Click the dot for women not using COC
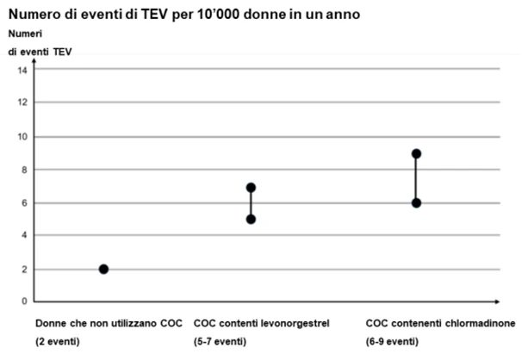103,269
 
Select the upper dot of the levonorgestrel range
251,188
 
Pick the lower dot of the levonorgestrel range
251,220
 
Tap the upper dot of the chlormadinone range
416,153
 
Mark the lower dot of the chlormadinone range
416,203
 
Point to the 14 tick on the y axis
22,71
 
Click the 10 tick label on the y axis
22,137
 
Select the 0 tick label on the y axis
25,301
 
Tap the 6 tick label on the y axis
25,203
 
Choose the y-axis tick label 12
22,102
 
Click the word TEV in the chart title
154,15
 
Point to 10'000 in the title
214,15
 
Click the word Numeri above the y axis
25,34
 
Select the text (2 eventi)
58,341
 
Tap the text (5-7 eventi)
220,341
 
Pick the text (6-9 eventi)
392,341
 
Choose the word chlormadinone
480,323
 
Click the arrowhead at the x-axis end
497,301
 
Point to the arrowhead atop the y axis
34,60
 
